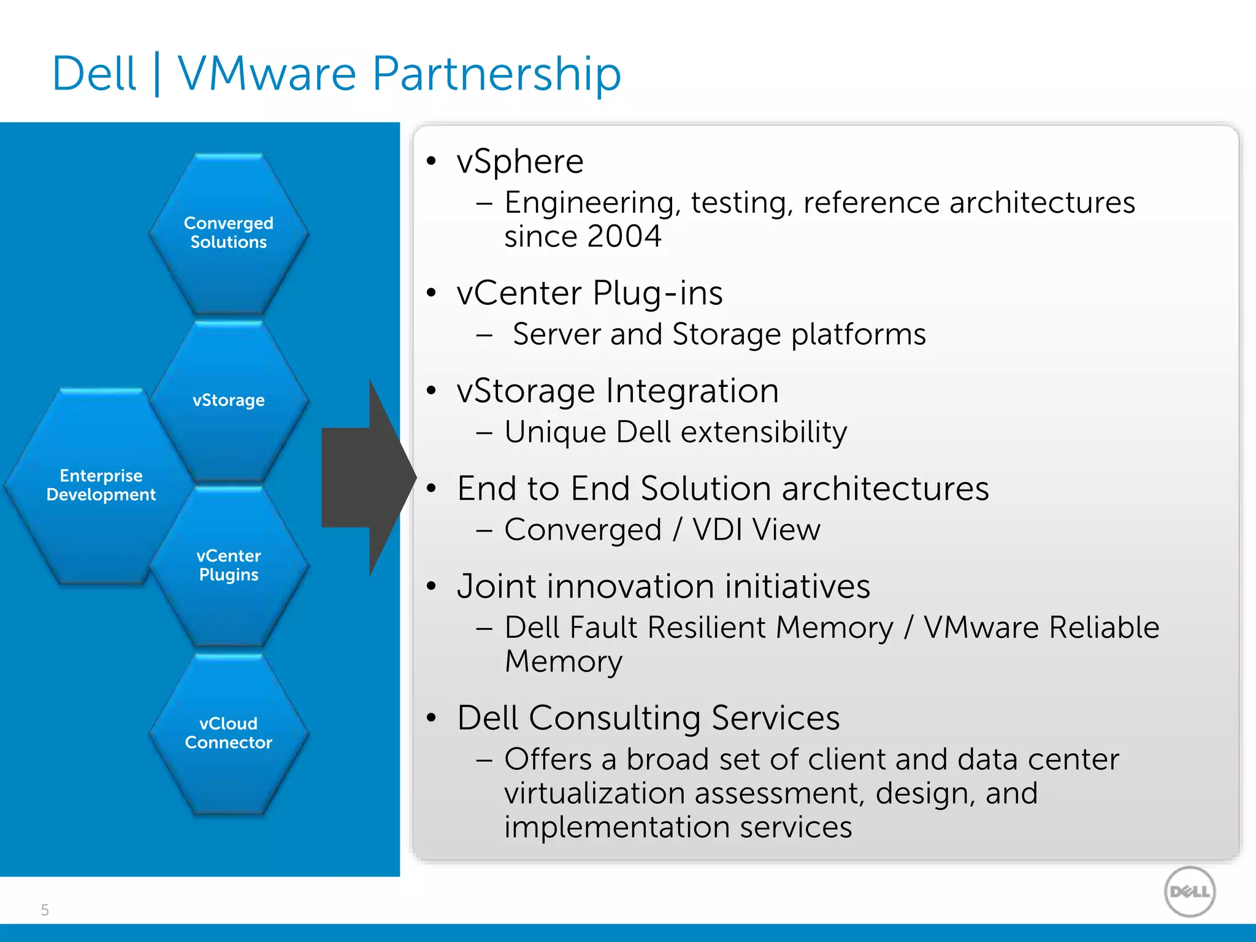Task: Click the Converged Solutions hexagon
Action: coord(228,233)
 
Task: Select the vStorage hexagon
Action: coord(228,400)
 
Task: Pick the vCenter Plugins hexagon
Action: coord(228,565)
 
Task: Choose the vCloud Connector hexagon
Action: coord(228,733)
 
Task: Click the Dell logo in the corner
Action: coord(1189,892)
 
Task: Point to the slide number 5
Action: coord(45,910)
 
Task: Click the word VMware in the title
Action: coord(267,74)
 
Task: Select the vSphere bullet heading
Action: coord(520,162)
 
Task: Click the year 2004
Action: coord(624,236)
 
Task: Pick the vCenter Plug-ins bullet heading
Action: coord(589,293)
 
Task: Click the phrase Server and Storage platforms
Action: coord(719,335)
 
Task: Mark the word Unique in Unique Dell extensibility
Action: coord(556,432)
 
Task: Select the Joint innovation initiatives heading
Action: coord(664,586)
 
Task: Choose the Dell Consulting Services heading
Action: coord(648,718)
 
